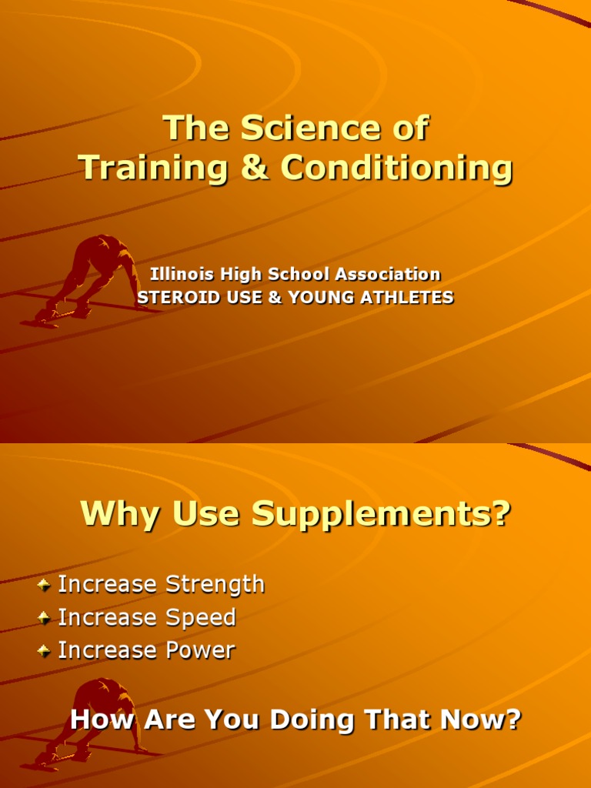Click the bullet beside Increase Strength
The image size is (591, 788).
pos(45,585)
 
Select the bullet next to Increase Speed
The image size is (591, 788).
pos(45,618)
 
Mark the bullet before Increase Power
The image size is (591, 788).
pos(45,651)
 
